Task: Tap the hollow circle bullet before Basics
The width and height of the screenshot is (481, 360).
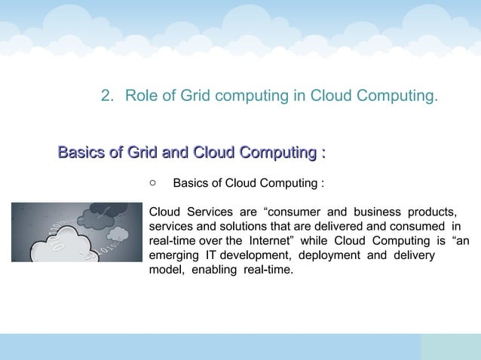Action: coord(152,182)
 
